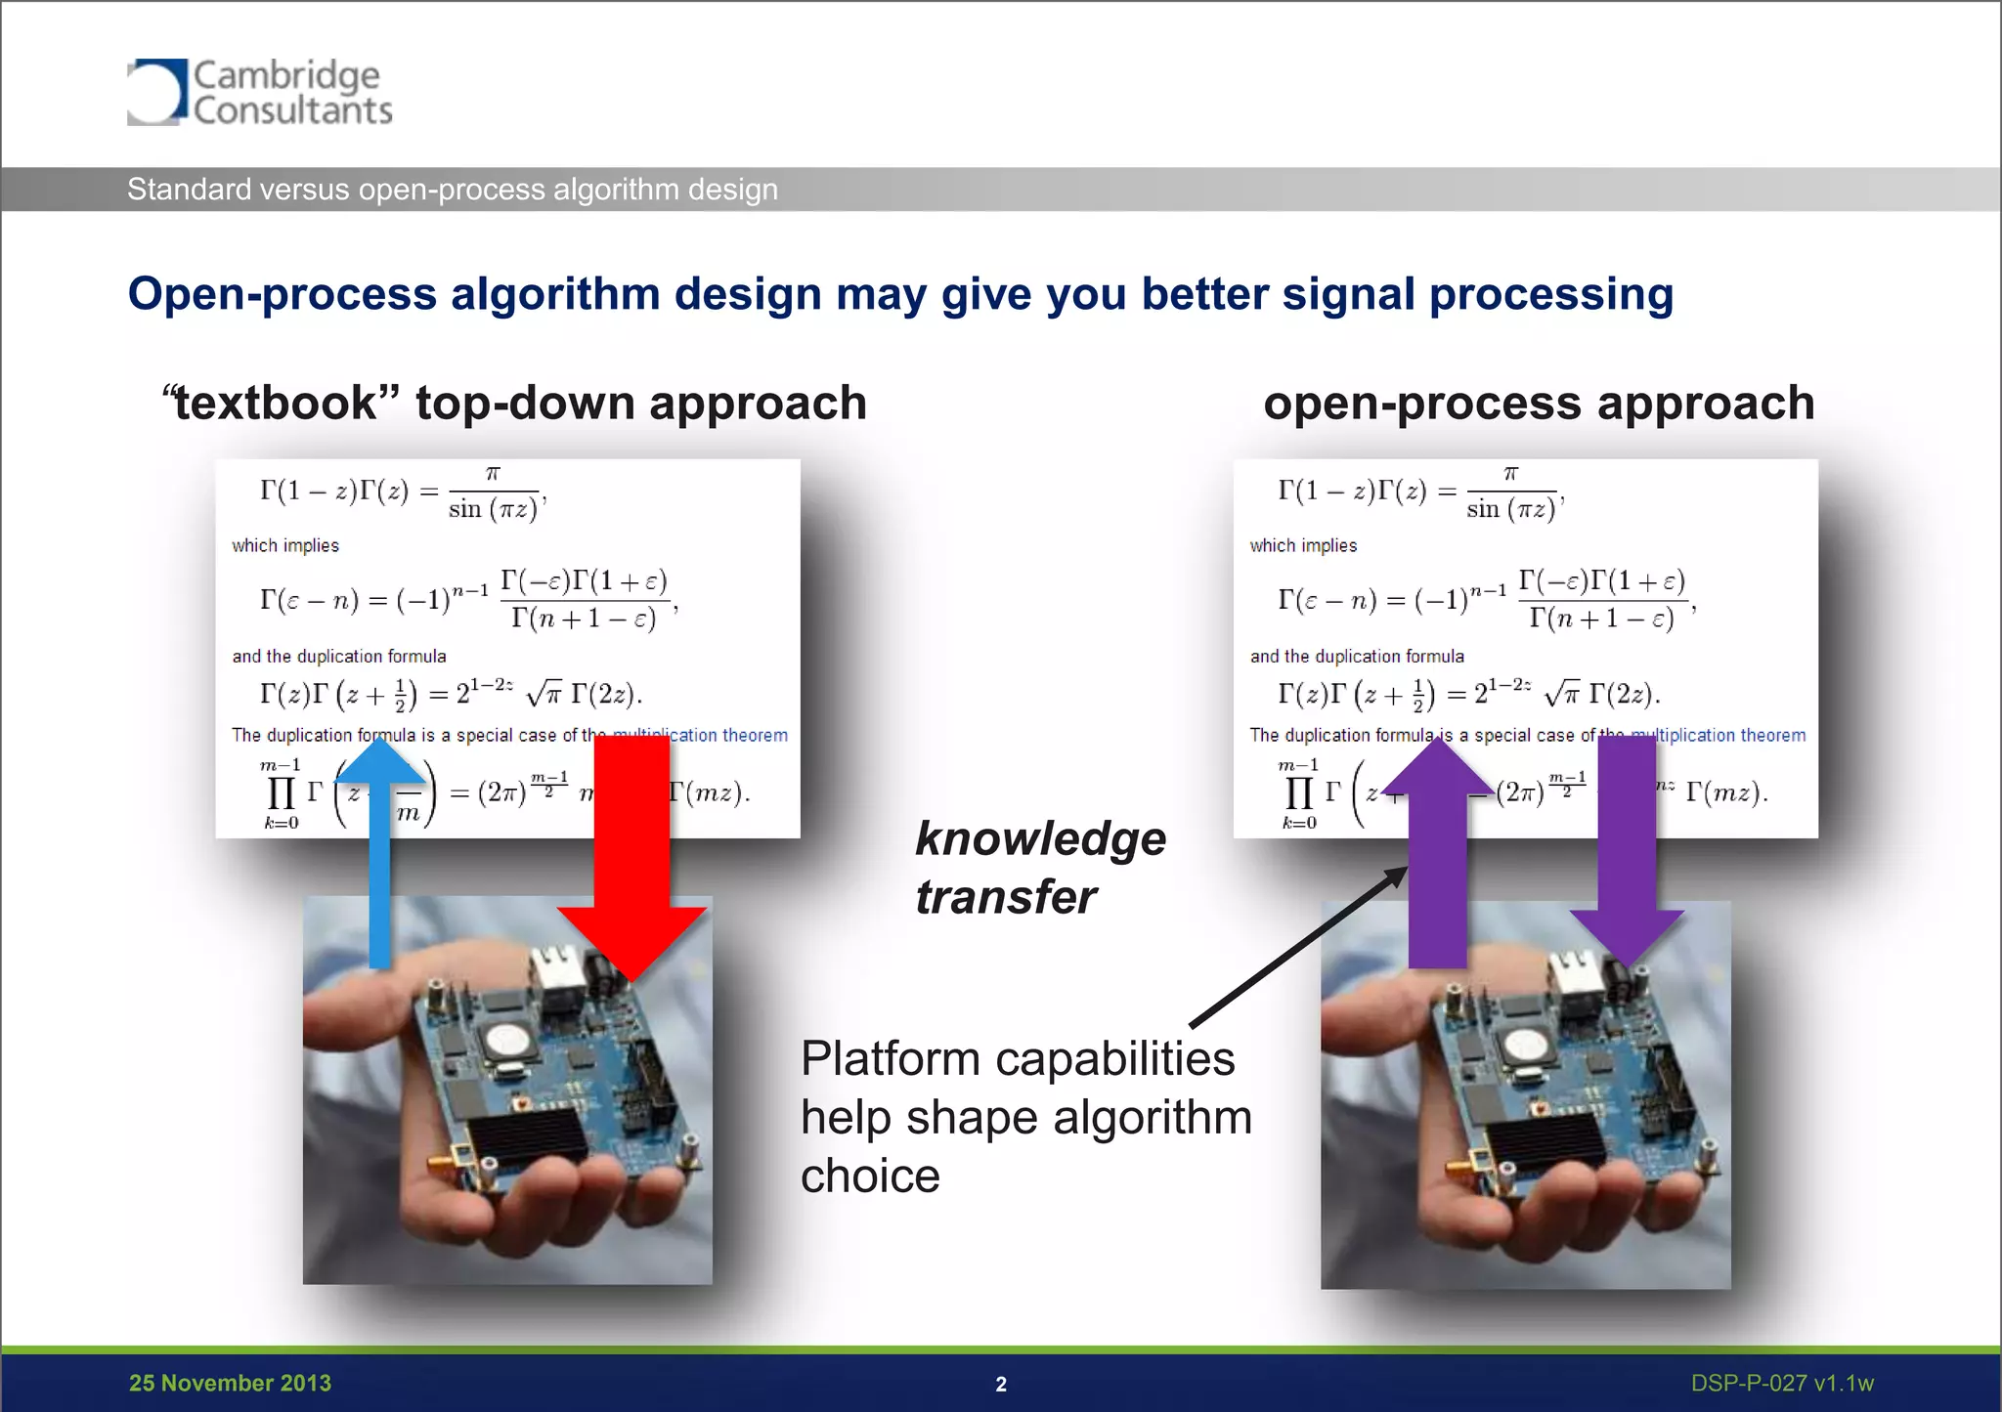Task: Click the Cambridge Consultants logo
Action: tap(259, 92)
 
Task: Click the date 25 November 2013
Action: tap(230, 1383)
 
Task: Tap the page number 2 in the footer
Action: tap(1000, 1384)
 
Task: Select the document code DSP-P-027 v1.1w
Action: tap(1781, 1383)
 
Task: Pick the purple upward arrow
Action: tap(1437, 860)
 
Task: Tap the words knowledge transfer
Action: tap(1039, 868)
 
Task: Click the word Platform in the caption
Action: tap(890, 1058)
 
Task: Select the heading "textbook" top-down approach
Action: tap(515, 403)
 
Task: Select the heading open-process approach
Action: tap(1538, 403)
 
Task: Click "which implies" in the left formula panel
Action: tap(285, 545)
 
